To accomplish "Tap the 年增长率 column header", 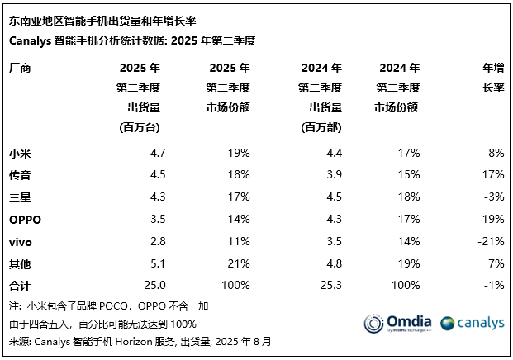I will (x=492, y=78).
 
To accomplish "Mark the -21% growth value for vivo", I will (x=491, y=241).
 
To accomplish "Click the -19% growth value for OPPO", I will (x=491, y=220).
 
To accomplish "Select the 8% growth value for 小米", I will (x=495, y=153).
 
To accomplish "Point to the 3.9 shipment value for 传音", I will (x=332, y=174).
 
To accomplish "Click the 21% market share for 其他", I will (x=239, y=263).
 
